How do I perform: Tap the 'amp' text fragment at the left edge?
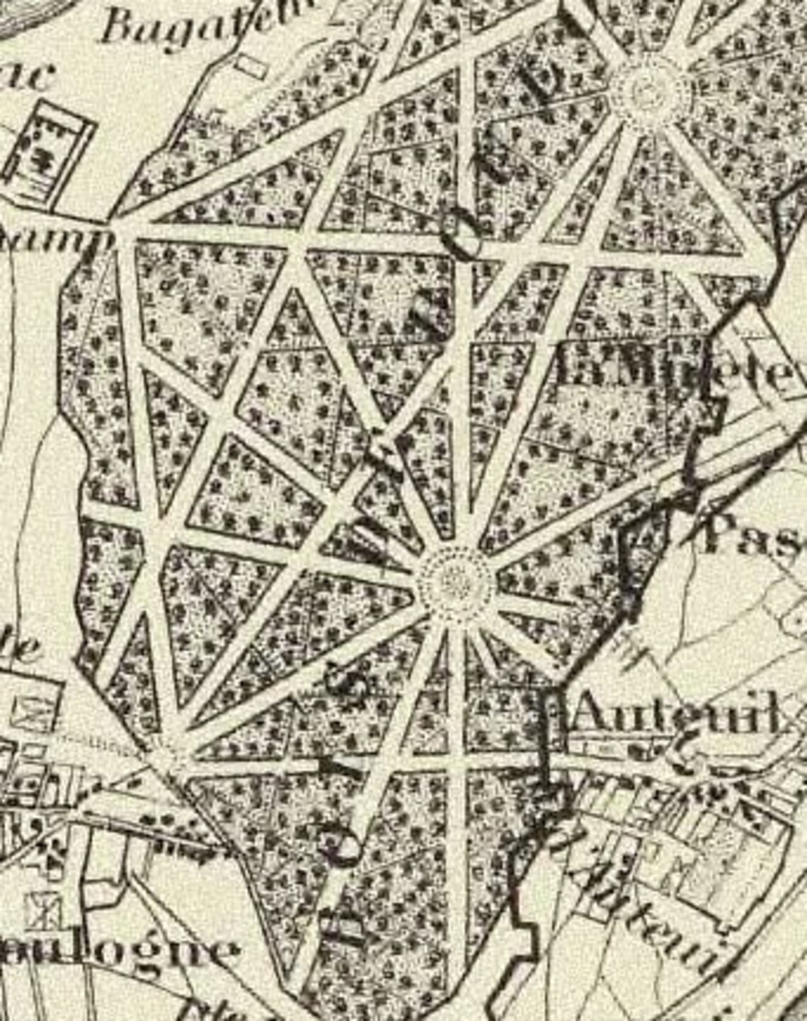53,241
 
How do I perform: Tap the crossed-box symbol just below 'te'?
38,711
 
